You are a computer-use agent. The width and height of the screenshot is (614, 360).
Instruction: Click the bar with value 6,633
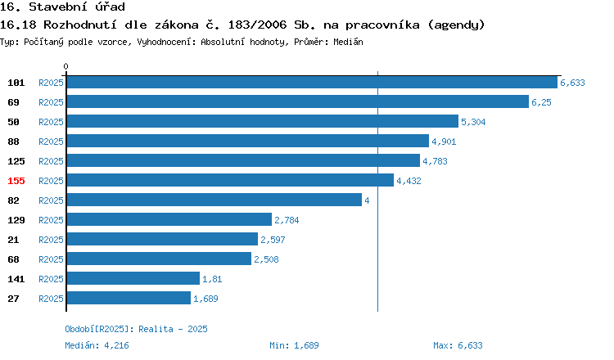312,82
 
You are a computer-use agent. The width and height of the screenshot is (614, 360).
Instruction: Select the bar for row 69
298,101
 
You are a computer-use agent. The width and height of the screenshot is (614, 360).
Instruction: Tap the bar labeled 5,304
262,121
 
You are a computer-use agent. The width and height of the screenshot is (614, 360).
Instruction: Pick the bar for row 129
169,219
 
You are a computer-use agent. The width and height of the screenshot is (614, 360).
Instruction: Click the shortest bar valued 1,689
129,298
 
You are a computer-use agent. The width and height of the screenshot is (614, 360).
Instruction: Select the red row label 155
16,181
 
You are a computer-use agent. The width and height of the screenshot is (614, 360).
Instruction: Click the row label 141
16,279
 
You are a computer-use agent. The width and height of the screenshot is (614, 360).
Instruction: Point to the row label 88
13,142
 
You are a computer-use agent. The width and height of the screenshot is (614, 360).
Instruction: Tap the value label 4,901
444,142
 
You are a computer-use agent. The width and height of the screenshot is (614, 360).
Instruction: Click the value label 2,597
273,240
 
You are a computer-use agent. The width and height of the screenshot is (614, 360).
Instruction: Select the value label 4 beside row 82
367,200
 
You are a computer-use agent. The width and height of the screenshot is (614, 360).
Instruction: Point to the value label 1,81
212,279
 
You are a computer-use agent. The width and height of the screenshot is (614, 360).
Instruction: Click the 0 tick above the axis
65,66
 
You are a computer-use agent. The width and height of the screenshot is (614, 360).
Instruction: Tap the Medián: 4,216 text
97,345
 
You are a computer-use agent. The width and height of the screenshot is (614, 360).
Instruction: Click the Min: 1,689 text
294,345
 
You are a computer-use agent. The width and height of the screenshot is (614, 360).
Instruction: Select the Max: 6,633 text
458,345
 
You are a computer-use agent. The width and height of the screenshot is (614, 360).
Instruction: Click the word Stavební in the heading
58,7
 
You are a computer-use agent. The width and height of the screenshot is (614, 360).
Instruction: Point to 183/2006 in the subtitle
257,25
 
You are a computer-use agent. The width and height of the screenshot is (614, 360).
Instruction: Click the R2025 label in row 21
51,240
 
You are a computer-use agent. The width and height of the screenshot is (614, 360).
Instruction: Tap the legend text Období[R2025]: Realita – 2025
136,329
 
